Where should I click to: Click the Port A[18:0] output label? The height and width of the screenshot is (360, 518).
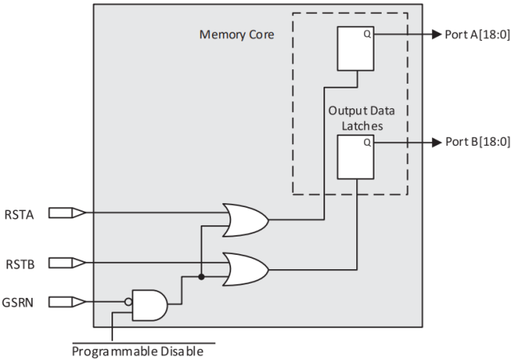coord(476,34)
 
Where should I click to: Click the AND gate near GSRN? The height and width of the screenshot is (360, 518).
coord(150,303)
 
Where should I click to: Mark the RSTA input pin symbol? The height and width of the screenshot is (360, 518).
coord(65,213)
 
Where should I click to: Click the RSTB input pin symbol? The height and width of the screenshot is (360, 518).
coord(65,261)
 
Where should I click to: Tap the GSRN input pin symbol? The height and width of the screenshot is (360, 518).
coord(65,302)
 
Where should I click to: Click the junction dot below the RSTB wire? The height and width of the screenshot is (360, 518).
coord(202,277)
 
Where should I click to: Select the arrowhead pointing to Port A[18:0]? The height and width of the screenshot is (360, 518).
coord(436,35)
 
